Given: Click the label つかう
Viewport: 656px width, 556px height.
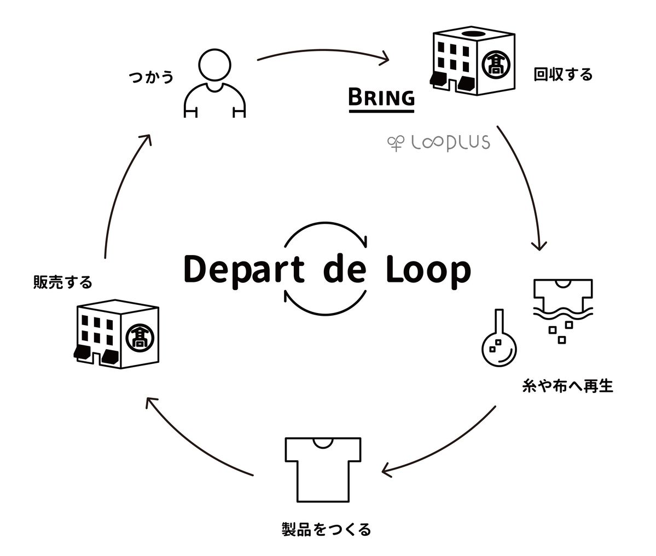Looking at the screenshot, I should tap(151, 77).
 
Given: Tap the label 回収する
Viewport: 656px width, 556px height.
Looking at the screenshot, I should tap(563, 74).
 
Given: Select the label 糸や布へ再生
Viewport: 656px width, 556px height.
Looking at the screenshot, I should tap(568, 386).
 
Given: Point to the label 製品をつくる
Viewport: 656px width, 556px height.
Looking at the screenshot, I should tap(326, 529).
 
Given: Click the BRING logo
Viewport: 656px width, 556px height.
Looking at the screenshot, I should tap(382, 99).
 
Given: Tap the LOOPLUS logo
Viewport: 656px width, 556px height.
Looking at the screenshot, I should tap(438, 143).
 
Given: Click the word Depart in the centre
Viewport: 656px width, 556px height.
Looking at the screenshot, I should tap(244, 270).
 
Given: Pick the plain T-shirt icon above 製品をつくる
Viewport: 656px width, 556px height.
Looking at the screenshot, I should tap(323, 468).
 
